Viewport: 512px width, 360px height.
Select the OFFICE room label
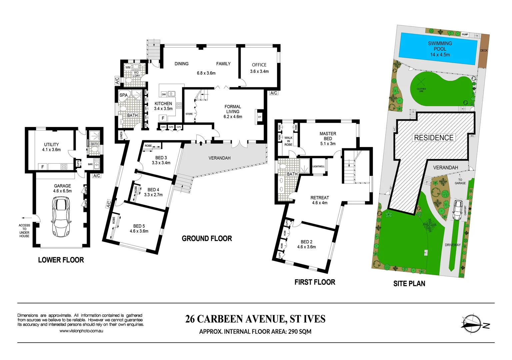[259, 65]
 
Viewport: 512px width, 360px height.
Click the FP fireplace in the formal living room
[259, 117]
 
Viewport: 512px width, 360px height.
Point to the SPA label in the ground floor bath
[124, 95]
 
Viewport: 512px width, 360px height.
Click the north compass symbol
[473, 324]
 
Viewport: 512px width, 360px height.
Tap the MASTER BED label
[328, 136]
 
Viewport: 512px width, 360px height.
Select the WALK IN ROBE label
[288, 141]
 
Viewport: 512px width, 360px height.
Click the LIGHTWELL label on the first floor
[318, 166]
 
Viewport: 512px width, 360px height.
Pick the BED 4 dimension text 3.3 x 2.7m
[153, 195]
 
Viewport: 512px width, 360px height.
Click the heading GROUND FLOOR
[207, 239]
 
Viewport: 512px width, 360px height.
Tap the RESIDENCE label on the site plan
[434, 138]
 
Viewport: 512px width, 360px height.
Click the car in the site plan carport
[457, 210]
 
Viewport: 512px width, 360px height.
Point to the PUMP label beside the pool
[465, 34]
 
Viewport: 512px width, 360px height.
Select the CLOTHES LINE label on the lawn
[421, 90]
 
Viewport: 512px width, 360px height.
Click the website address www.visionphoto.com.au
[81, 331]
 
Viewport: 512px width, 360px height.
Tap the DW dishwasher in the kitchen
[164, 94]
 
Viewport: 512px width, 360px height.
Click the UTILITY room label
[51, 145]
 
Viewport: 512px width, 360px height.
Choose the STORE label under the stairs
[189, 114]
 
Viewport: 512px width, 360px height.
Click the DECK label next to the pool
[484, 51]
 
